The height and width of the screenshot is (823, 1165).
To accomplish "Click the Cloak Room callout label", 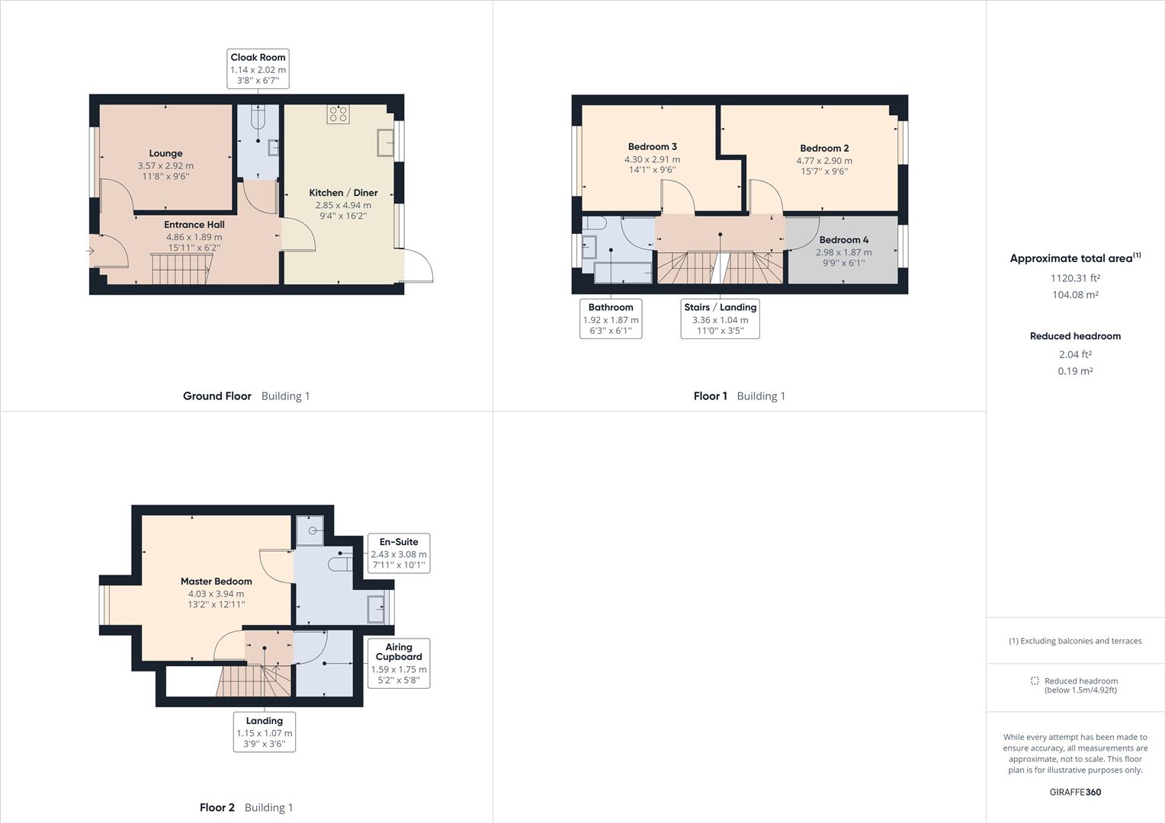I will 258,69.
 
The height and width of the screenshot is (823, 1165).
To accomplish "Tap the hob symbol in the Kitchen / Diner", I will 339,114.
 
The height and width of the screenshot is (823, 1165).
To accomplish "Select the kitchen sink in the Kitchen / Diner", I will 385,142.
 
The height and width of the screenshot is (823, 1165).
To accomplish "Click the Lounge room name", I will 165,153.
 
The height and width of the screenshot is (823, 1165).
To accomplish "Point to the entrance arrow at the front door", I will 90,251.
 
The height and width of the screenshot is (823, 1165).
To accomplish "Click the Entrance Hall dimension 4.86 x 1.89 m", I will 194,237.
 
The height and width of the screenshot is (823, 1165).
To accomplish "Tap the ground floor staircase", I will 181,270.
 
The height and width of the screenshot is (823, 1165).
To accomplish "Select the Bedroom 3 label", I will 652,146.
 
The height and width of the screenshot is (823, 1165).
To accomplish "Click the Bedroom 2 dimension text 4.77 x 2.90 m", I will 824,161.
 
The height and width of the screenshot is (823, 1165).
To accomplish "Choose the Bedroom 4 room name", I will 843,240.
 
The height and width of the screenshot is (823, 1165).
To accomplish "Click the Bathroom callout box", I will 611,319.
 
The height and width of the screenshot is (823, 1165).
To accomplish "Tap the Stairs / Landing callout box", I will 720,319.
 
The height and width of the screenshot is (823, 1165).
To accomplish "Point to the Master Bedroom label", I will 216,581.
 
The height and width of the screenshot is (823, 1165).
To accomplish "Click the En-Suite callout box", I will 399,553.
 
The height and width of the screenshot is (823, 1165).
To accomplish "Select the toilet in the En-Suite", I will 339,564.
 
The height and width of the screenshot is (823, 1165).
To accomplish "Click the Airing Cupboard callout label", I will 399,663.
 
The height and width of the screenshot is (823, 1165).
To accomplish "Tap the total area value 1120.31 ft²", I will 1075,279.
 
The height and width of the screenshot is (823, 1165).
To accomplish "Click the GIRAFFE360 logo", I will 1075,792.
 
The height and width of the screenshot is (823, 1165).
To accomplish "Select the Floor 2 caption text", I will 217,808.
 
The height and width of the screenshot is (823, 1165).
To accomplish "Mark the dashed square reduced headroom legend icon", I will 1035,680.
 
